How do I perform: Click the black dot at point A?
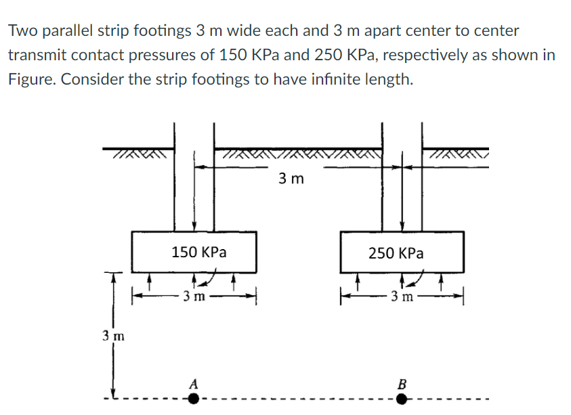click(x=194, y=399)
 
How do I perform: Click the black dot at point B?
click(x=402, y=399)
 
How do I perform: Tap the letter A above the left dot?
click(x=194, y=383)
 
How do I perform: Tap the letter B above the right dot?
click(x=402, y=383)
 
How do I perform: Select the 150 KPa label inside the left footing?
click(x=198, y=253)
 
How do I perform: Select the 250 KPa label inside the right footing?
click(x=396, y=253)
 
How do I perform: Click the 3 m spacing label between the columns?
click(x=291, y=179)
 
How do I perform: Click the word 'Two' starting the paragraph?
click(x=22, y=31)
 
